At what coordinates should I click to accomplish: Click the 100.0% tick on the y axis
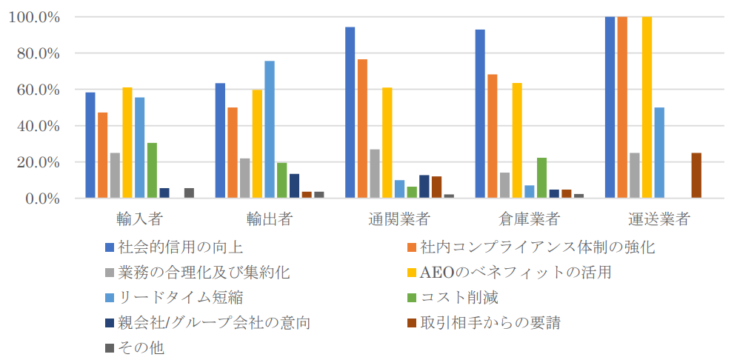33,17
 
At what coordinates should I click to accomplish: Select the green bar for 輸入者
152,170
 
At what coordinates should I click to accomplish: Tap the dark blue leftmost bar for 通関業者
350,113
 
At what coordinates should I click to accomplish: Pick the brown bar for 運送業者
696,176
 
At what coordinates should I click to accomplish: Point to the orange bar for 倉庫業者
493,136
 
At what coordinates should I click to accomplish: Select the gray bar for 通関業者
375,174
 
